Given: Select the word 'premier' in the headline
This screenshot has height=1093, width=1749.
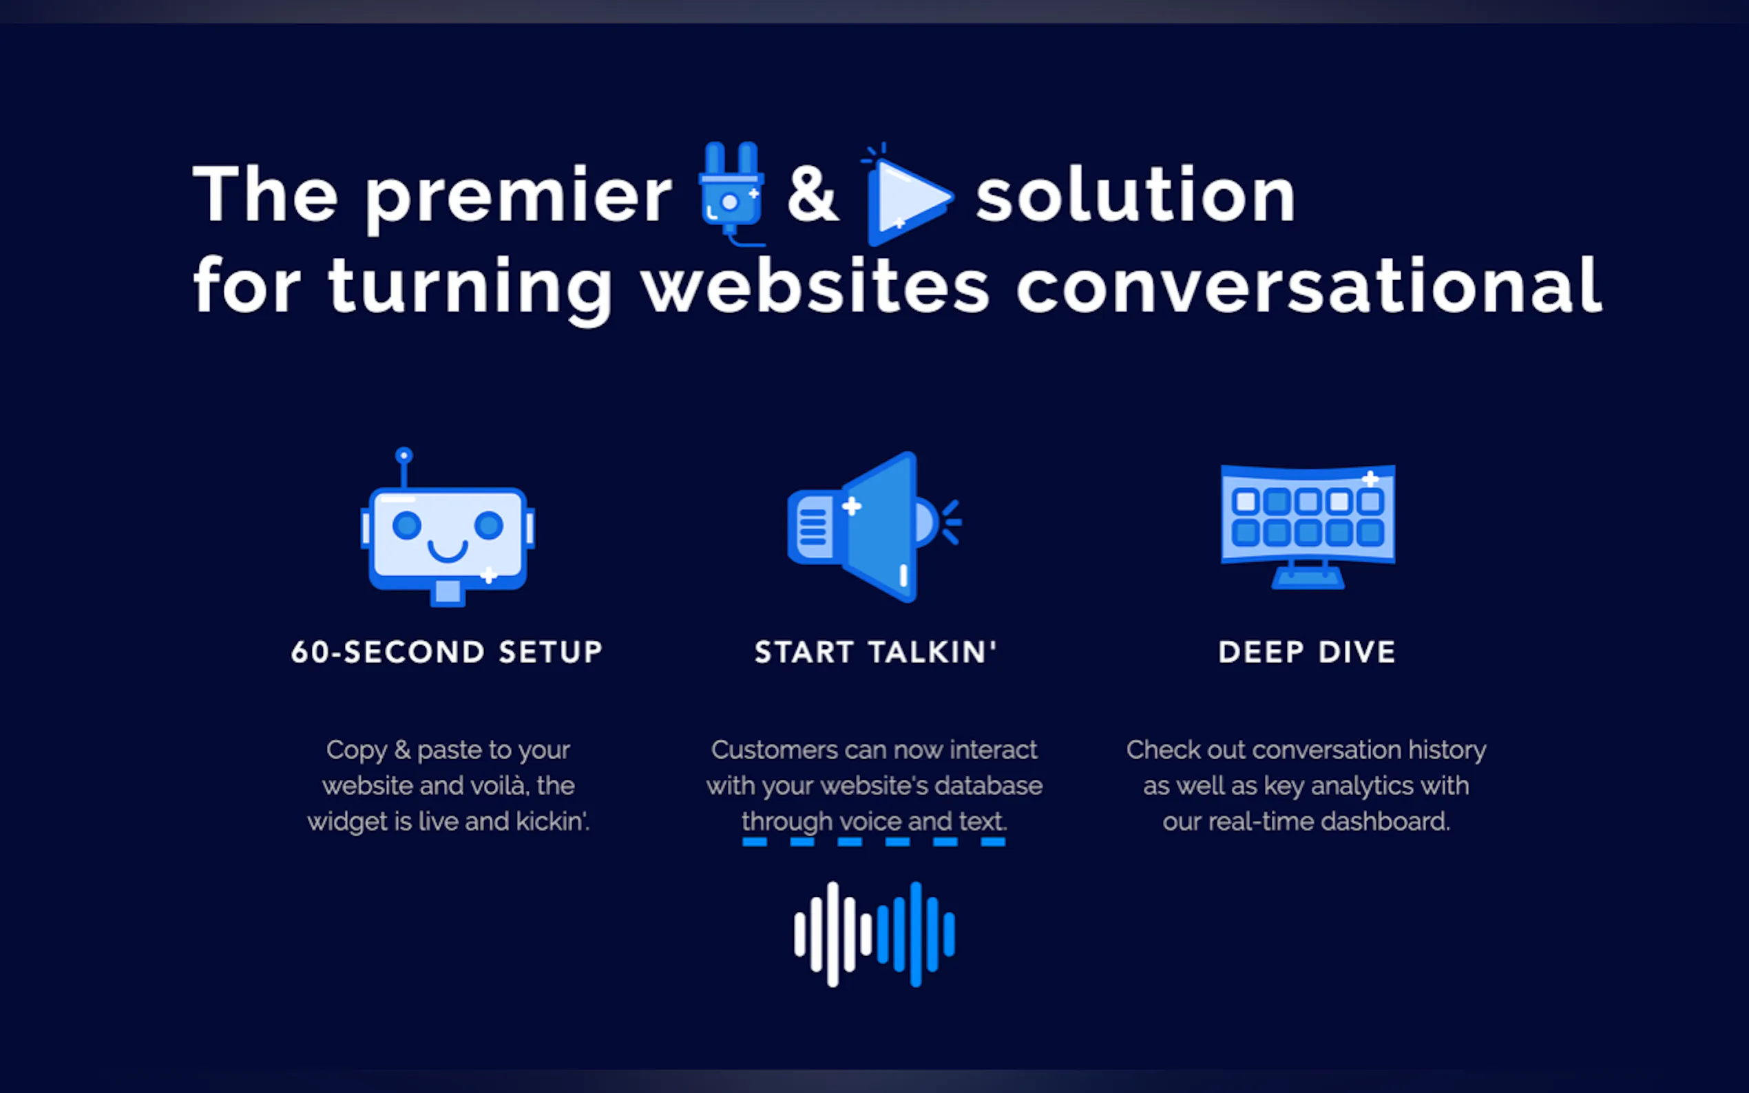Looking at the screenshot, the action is [519, 197].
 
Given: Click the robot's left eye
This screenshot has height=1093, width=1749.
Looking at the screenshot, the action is [406, 524].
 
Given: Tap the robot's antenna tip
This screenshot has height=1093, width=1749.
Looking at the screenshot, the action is [404, 456].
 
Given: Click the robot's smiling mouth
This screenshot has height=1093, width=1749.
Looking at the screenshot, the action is [448, 551].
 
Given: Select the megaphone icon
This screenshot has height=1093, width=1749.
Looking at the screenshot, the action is [874, 527].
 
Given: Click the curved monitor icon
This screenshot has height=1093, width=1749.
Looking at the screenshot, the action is [1308, 527].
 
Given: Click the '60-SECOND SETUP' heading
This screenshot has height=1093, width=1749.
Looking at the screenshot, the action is [447, 652].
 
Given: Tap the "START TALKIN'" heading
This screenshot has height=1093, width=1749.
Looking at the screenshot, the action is [876, 652].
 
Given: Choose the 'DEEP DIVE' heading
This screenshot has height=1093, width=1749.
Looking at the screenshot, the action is [1307, 652].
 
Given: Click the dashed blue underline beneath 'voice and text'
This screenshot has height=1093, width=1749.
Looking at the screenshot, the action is [873, 842].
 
